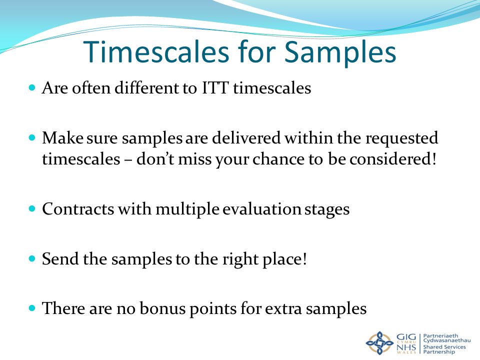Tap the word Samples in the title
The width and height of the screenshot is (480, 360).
340,53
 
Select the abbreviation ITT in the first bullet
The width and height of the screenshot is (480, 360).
215,88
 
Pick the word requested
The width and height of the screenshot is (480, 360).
401,138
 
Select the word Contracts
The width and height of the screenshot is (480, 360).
78,209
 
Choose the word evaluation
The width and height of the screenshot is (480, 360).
261,209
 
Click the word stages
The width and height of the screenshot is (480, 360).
327,210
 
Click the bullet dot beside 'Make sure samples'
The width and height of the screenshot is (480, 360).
32,137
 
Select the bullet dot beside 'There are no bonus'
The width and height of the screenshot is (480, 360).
32,308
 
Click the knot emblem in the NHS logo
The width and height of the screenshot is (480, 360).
379,343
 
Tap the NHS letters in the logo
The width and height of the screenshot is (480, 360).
406,348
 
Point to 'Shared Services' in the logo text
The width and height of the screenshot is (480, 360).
444,347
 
